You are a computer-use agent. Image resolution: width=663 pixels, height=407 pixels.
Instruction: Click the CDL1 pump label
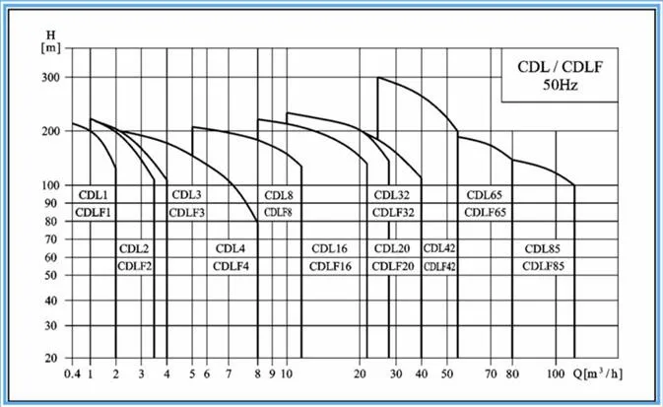93,194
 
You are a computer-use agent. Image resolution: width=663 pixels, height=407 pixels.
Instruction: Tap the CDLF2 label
134,266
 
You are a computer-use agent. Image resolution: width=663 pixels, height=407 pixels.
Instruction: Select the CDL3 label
186,194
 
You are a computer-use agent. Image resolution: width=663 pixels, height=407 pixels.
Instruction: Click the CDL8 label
277,194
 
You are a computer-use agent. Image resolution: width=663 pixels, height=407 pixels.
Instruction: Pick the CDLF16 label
328,266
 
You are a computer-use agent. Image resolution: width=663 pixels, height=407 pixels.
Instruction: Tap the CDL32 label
392,194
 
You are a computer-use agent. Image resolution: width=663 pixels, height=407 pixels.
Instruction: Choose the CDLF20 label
392,266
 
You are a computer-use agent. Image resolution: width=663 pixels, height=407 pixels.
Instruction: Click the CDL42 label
438,248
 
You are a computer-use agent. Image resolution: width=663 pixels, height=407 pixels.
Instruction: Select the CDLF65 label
485,212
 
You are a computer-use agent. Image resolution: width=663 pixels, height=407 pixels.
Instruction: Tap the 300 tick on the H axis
50,78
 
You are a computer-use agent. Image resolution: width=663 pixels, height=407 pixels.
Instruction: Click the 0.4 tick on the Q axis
72,374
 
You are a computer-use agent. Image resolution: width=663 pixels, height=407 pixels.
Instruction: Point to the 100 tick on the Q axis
555,374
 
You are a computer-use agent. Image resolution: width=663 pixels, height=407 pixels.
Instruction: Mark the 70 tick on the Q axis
491,374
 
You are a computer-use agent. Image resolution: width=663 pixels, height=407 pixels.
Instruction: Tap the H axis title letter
51,35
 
